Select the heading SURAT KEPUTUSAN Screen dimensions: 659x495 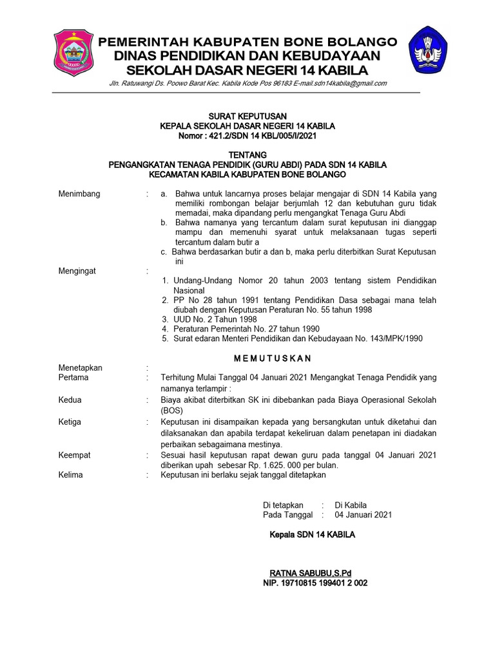pos(247,116)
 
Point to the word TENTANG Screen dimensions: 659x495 pos(247,155)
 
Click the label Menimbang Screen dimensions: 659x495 pos(79,194)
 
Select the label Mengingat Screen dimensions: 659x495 pos(77,271)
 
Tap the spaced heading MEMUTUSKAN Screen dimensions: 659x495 pos(272,357)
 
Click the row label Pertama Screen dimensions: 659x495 pos(73,378)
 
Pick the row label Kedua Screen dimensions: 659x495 pos(70,400)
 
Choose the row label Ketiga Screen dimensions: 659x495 pos(70,422)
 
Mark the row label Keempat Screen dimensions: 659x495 pos(74,455)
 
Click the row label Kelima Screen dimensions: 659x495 pos(71,475)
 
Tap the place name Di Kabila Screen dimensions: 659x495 pos(351,505)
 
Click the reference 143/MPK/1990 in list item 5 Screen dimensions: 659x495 pos(394,338)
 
